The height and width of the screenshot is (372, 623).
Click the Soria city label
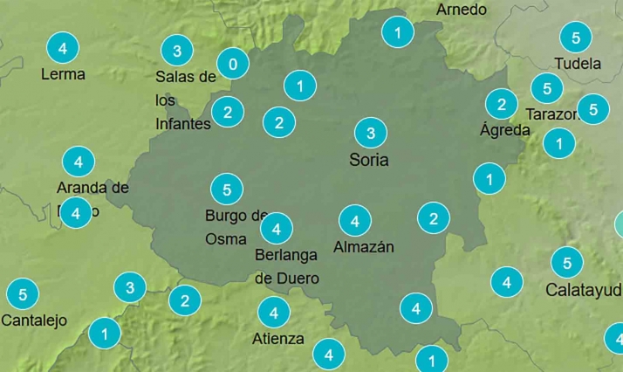click(x=368, y=160)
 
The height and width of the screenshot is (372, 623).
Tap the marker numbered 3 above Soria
click(x=371, y=134)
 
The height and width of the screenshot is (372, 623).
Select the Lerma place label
click(x=63, y=74)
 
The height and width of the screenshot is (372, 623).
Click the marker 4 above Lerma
click(x=62, y=46)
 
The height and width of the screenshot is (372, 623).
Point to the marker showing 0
click(x=232, y=64)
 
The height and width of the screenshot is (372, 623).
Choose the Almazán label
click(x=364, y=247)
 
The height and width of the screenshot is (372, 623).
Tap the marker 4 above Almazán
click(x=355, y=219)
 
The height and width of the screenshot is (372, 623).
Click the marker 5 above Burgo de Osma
click(x=227, y=189)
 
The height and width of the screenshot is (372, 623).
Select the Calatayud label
click(x=584, y=289)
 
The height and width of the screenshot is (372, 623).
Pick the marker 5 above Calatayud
click(x=567, y=262)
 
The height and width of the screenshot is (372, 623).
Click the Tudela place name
click(x=578, y=64)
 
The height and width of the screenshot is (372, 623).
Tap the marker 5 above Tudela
click(x=576, y=38)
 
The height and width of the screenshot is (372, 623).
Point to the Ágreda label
click(x=505, y=130)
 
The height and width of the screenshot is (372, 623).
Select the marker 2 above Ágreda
click(x=501, y=105)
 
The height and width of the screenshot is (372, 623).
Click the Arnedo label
click(x=462, y=10)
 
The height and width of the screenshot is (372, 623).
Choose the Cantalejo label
click(x=34, y=320)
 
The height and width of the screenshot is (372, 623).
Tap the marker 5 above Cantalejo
click(x=22, y=293)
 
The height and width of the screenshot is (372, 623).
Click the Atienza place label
click(x=278, y=339)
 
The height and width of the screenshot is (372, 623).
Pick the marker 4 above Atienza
click(x=274, y=312)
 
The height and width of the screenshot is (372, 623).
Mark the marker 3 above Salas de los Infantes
click(x=177, y=51)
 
